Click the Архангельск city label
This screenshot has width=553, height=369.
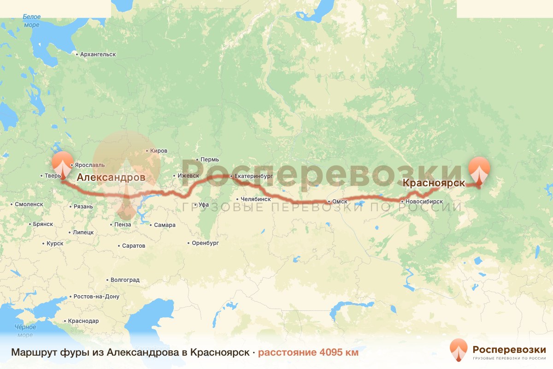pos(98,54)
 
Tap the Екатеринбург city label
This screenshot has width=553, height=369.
pos(253,176)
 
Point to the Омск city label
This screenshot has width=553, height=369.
pos(339,202)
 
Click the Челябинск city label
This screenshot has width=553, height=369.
pos(255,199)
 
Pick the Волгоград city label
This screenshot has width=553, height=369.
pos(125,280)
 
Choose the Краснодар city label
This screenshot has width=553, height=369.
pos(83,321)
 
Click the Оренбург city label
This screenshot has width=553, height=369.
pos(205,243)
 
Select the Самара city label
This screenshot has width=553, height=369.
pos(165,225)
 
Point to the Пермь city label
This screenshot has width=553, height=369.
pos(210,160)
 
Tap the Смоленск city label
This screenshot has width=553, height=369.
pos(29,204)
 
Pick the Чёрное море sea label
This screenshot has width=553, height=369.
pos(25,331)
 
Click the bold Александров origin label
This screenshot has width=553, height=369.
pos(111,177)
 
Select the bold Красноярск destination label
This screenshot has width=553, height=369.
pos(434,183)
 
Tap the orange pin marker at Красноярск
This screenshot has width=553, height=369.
pos(479,171)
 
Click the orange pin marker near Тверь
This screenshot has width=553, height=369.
pos(62,164)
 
